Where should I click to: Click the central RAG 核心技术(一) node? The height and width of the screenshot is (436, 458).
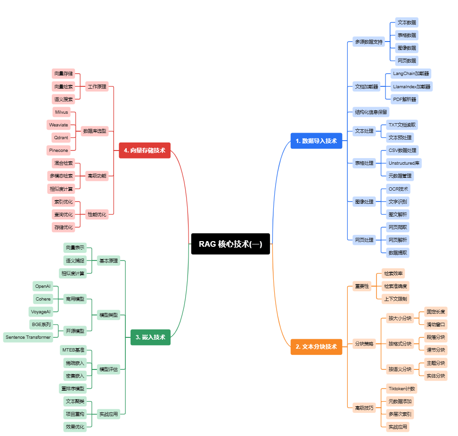230,244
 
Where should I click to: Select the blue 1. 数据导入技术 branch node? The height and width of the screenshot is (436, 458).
316,141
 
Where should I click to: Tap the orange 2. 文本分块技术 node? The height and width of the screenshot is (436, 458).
316,346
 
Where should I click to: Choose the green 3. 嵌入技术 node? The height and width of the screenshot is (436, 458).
150,337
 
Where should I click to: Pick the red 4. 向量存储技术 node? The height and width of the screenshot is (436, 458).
145,150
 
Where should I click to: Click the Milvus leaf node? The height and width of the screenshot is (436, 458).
62,112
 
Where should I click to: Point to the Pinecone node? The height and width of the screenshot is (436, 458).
59,150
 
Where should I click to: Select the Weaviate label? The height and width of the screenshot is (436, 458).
59,125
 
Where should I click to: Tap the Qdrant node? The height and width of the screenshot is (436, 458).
61,138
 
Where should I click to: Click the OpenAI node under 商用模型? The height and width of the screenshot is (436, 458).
43,286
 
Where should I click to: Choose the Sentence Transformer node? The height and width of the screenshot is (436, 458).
28,337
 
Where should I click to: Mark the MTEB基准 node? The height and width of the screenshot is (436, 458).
73,350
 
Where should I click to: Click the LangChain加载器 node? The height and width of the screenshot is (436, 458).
411,74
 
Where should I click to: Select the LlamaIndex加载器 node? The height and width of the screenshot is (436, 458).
412,86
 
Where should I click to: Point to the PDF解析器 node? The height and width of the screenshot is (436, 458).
405,99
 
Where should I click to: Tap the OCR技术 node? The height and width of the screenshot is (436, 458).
398,189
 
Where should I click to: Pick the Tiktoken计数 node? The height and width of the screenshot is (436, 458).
401,389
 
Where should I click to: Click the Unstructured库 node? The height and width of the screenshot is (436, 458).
403,163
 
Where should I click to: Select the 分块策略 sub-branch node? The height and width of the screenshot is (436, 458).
364,344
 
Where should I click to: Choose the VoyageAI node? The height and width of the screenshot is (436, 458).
41,312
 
